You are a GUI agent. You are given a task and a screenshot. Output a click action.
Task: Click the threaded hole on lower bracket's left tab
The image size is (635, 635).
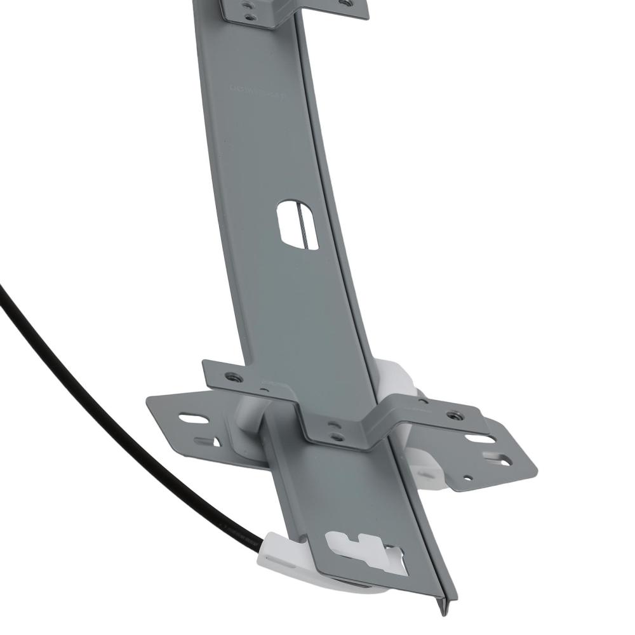[x=234, y=377]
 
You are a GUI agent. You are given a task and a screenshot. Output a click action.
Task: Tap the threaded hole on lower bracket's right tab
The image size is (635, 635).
[x=453, y=416]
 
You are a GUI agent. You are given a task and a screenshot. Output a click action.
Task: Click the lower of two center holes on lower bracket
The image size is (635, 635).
[x=337, y=438]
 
